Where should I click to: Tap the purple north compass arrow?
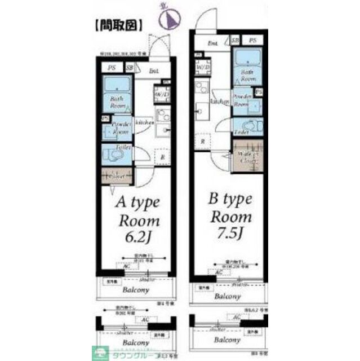[x=167, y=19]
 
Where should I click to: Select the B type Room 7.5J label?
[x=231, y=217]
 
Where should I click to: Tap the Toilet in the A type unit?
[x=117, y=153]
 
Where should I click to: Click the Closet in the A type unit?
[x=117, y=176]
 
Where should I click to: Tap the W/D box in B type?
[x=201, y=68]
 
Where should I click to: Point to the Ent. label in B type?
[x=212, y=43]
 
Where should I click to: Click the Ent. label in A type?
[x=154, y=71]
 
